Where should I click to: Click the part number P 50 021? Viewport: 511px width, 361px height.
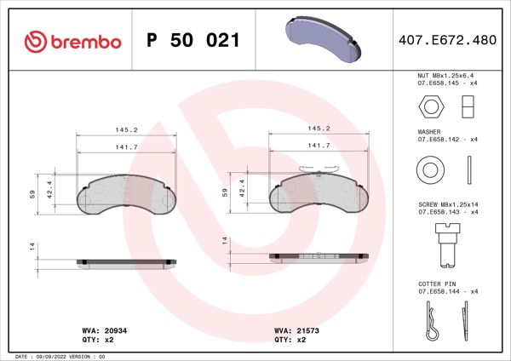point(192,41)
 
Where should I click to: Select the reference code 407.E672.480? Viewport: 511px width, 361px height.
point(447,41)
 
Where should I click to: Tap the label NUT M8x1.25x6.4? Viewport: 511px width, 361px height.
point(447,77)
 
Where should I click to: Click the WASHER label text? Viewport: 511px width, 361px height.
point(428,132)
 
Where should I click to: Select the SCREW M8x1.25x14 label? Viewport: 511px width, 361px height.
point(448,204)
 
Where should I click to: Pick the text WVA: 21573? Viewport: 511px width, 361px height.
point(291,329)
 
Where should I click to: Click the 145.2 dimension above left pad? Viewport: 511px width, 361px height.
point(126,130)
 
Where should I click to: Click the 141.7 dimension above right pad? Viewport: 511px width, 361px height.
point(318,146)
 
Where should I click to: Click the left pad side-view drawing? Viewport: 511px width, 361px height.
point(126,261)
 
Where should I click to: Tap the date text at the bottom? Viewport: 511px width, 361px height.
point(60,356)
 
